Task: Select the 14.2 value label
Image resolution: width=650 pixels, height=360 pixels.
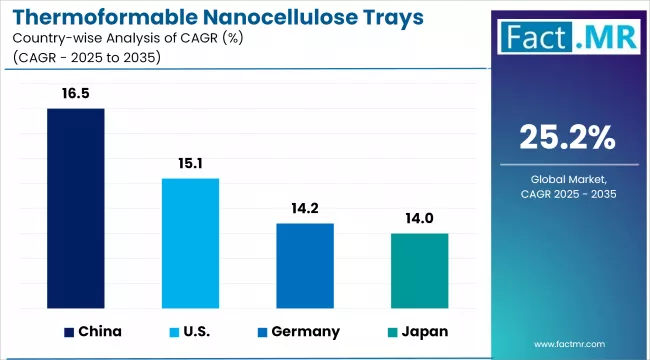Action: (305, 210)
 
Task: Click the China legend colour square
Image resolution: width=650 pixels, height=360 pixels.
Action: (69, 332)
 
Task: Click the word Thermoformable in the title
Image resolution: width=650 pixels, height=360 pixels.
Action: (95, 17)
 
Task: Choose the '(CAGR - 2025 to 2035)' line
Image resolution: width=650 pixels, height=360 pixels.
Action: (85, 58)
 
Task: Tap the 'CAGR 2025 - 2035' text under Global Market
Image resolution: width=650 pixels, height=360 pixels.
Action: (568, 193)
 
